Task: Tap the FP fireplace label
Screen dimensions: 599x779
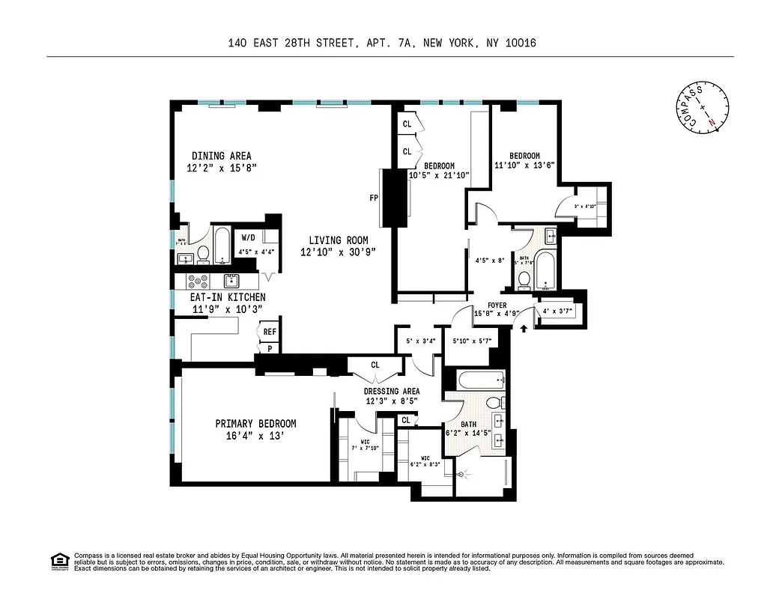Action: [x=373, y=198]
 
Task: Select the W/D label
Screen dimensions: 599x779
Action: [x=248, y=237]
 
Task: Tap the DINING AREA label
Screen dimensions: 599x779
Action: [x=221, y=156]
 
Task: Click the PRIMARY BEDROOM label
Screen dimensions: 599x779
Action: [x=255, y=423]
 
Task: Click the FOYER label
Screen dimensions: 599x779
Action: [x=497, y=305]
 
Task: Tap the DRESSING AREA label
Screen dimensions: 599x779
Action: [x=392, y=391]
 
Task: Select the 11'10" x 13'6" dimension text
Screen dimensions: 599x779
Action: [x=524, y=165]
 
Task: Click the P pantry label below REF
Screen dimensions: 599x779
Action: [x=269, y=348]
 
